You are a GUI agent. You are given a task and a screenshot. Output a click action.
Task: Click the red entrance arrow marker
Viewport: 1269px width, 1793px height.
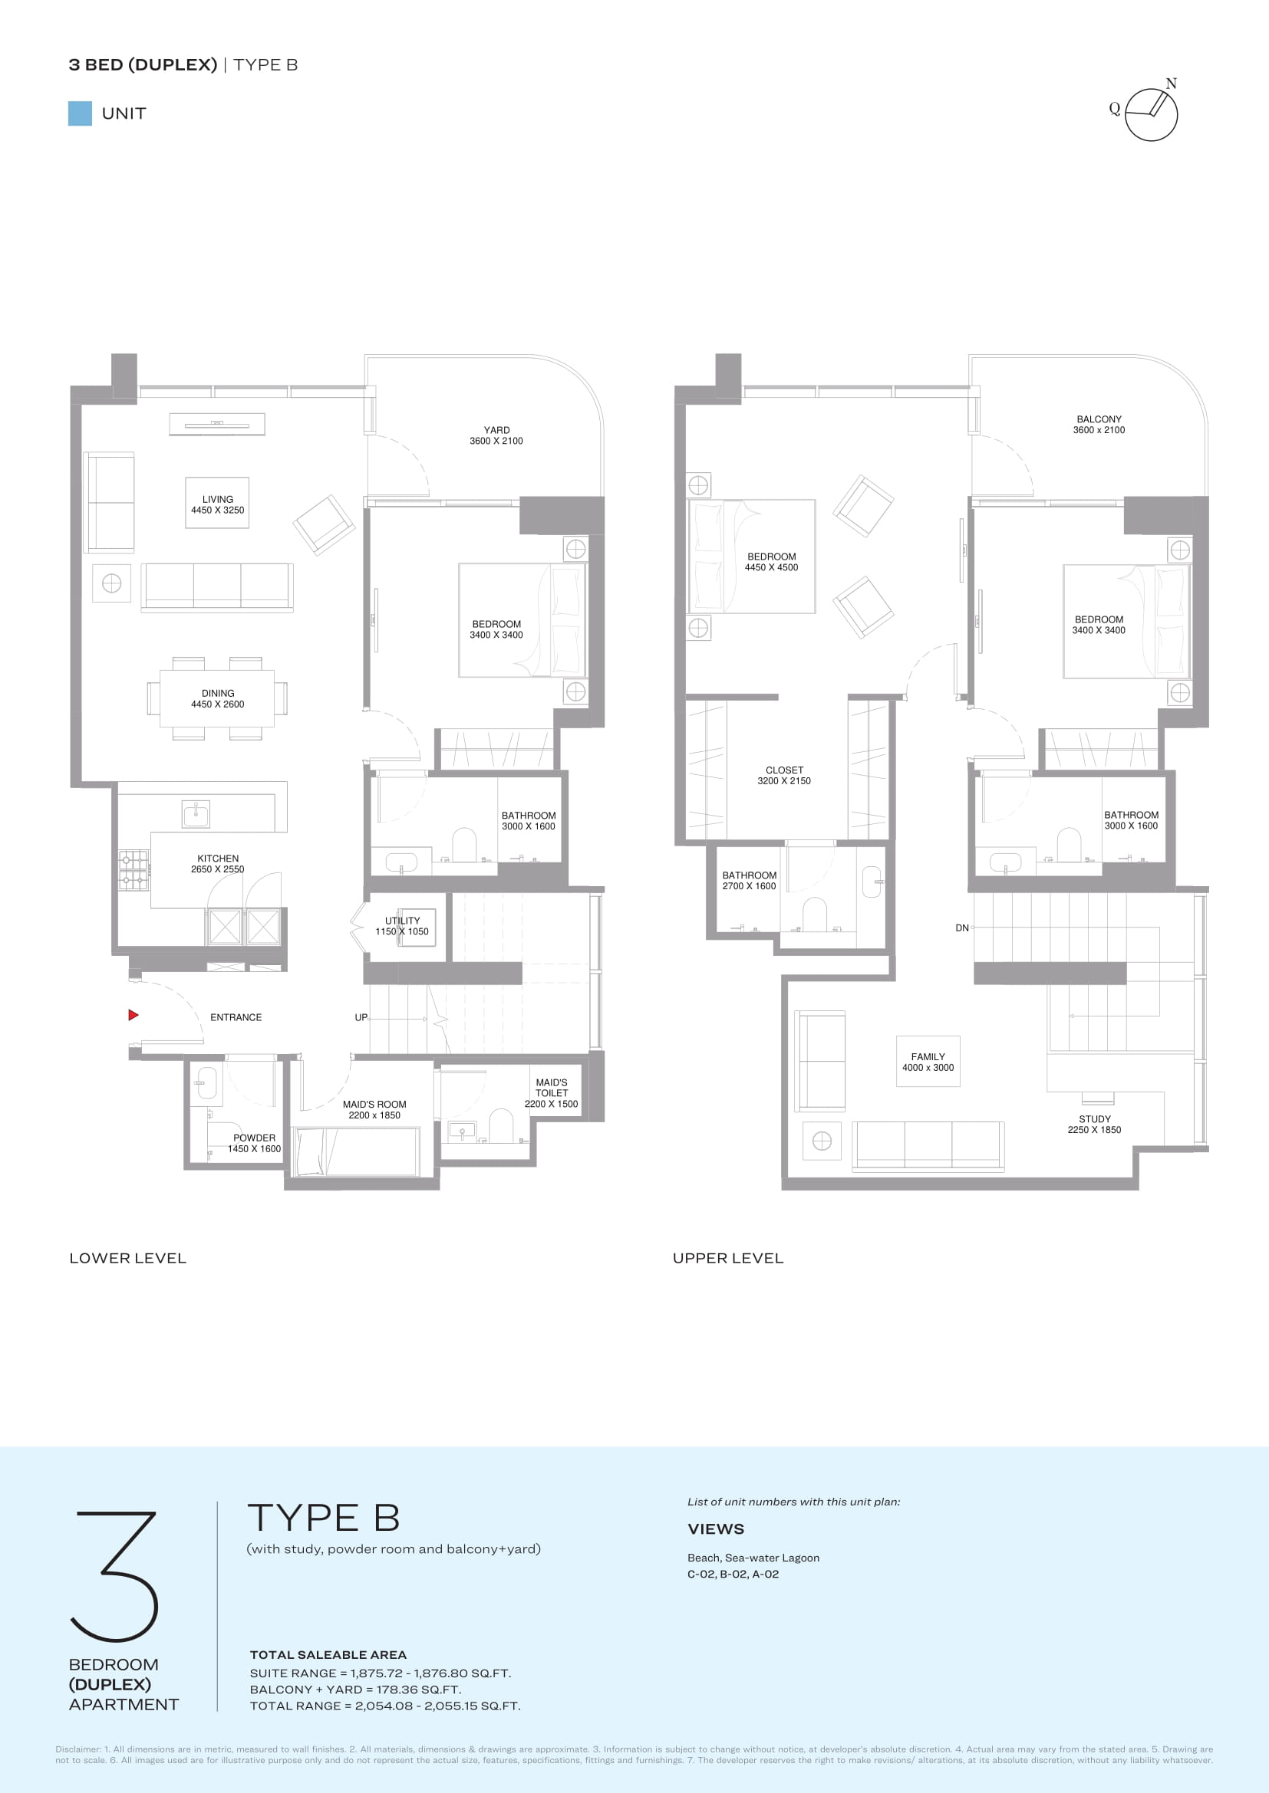point(133,1015)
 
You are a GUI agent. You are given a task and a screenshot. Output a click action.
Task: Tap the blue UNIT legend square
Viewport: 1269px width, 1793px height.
point(80,113)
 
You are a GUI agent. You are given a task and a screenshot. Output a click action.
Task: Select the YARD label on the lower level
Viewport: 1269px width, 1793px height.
point(496,430)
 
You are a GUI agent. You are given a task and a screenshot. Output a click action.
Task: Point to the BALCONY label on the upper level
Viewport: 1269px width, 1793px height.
point(1099,419)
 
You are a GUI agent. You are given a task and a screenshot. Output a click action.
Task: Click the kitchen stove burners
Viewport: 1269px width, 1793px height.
point(133,871)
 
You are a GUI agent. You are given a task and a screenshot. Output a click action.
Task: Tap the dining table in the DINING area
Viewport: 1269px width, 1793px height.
point(217,698)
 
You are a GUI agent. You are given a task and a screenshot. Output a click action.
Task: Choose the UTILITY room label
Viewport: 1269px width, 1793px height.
point(403,921)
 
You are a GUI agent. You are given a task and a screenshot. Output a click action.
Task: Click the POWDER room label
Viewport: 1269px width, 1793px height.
point(254,1138)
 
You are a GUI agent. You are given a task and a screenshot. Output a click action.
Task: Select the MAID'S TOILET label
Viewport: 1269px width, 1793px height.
point(552,1088)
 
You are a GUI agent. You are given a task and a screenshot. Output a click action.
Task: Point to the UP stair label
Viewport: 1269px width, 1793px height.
point(361,1017)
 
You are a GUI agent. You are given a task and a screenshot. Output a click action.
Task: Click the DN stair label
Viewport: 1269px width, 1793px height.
point(962,928)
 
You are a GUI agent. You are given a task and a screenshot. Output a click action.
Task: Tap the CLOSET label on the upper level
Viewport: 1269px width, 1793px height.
point(785,770)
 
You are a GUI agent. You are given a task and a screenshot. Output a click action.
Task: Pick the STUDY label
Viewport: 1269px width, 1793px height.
point(1095,1119)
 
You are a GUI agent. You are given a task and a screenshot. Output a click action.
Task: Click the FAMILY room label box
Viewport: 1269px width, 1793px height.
point(928,1061)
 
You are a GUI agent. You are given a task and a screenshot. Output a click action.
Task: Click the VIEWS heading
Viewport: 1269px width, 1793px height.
point(716,1529)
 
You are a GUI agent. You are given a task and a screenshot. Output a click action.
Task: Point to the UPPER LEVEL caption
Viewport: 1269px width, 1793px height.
point(727,1258)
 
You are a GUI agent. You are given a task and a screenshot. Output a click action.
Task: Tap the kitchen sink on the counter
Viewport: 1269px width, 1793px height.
point(196,814)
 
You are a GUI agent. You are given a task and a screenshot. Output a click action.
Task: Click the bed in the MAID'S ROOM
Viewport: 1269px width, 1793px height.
point(355,1151)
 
